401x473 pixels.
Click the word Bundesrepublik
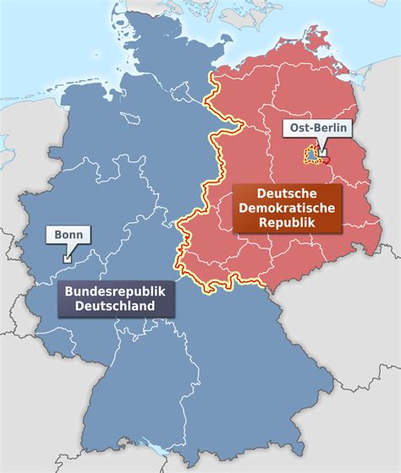(x=114, y=291)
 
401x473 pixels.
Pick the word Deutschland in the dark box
(x=114, y=306)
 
